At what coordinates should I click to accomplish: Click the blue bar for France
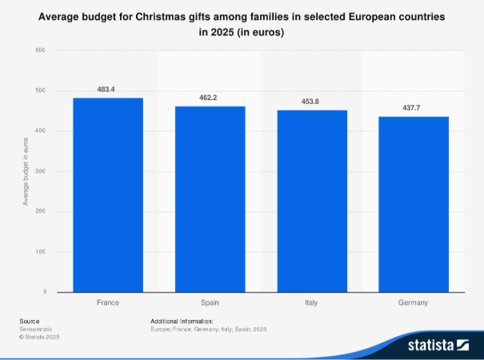click(108, 195)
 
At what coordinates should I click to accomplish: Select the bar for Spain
click(210, 199)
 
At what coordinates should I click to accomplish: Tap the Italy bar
click(313, 201)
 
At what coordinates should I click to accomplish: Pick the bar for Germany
click(414, 204)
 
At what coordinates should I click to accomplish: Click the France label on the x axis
click(108, 303)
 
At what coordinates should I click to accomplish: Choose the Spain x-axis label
click(210, 303)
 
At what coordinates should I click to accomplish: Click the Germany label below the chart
click(414, 303)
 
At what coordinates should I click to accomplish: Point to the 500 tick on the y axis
click(40, 90)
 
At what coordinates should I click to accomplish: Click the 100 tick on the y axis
click(40, 252)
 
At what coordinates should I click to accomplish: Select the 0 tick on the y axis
click(43, 292)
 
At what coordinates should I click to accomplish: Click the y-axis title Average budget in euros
click(26, 171)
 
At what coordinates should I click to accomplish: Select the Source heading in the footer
click(29, 321)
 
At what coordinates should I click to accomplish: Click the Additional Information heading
click(182, 321)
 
